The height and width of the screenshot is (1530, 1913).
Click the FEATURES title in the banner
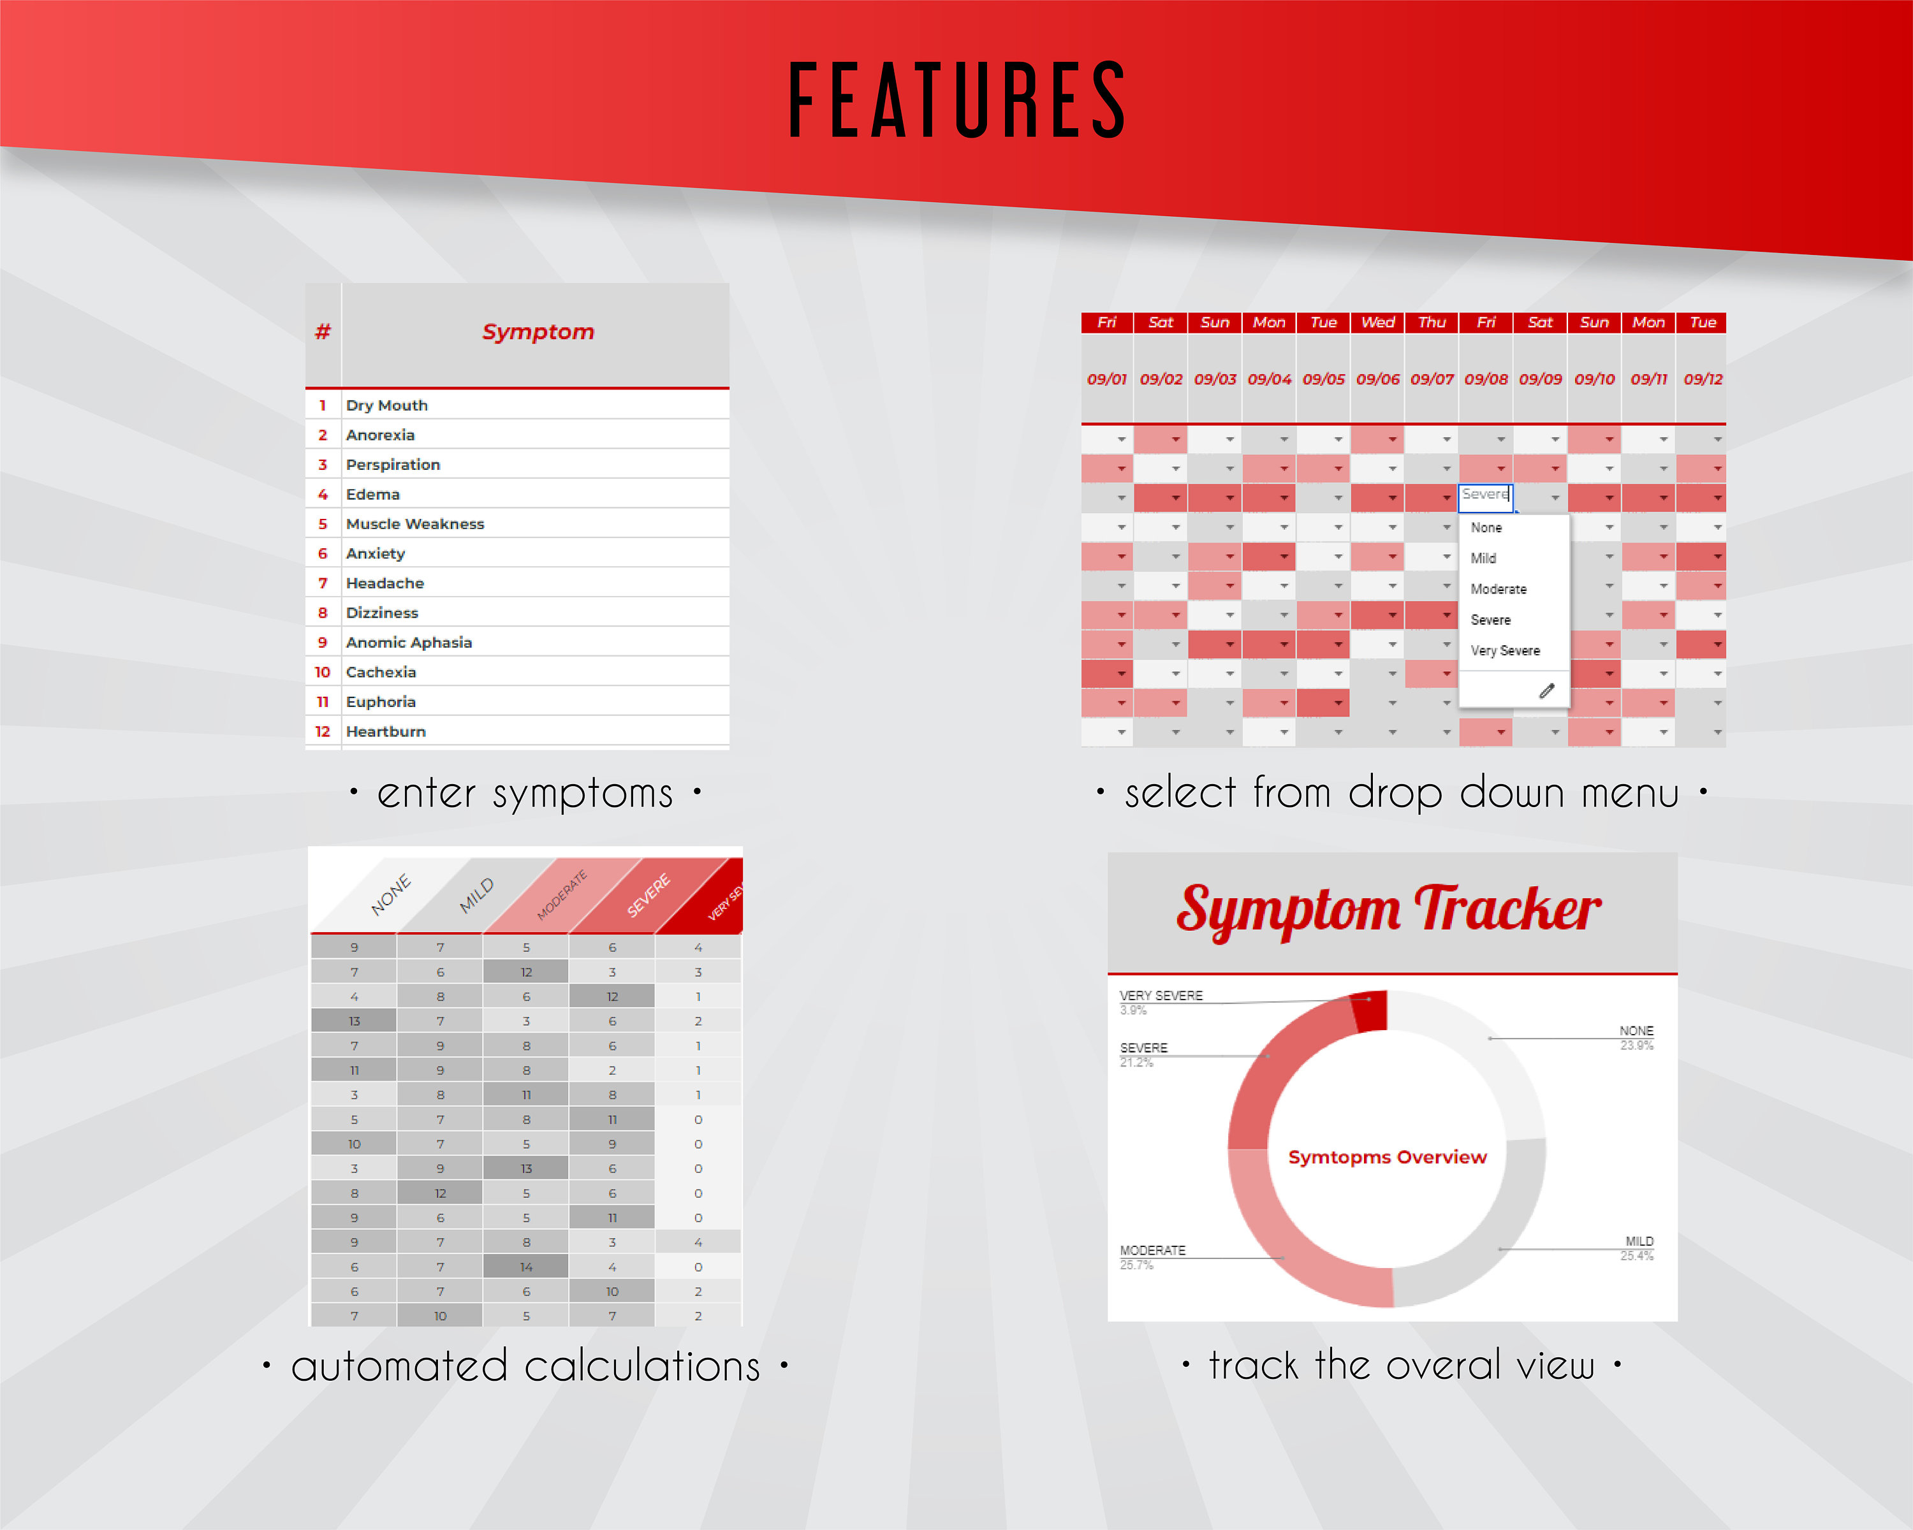(957, 100)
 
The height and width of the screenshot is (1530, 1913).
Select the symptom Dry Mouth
(387, 405)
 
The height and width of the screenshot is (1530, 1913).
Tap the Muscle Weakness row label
(414, 524)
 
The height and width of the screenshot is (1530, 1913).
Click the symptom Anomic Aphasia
(408, 642)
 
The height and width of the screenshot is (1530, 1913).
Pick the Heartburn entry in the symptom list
(385, 732)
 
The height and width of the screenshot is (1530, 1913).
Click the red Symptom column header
(538, 331)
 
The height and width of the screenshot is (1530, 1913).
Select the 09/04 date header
(1269, 379)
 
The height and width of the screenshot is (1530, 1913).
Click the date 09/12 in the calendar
(1703, 379)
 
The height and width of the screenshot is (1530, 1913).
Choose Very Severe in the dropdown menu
(1505, 650)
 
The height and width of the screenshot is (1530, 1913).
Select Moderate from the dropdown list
(1498, 589)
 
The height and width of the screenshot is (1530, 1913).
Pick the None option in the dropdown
(1486, 528)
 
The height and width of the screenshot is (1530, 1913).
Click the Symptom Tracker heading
(1389, 910)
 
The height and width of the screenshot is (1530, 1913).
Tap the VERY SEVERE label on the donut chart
(1161, 995)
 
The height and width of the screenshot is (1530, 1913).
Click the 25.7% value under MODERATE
(1136, 1265)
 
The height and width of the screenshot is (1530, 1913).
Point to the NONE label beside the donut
(1636, 1031)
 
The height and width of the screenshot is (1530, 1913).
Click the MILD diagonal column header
(476, 895)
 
